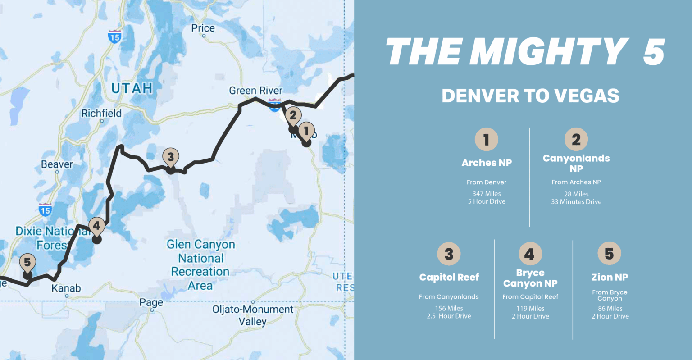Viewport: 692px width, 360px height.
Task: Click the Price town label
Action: coord(203,28)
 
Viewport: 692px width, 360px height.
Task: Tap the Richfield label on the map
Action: coord(101,113)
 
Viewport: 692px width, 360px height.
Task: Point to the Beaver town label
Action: coord(57,164)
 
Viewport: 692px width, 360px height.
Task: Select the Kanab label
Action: coord(66,288)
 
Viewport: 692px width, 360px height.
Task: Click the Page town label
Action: coord(151,302)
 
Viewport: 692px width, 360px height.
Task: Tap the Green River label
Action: coord(255,91)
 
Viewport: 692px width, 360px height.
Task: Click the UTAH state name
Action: coord(132,88)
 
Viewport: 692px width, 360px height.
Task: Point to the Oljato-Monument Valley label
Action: coord(253,315)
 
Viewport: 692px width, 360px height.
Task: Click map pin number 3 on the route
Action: coord(170,157)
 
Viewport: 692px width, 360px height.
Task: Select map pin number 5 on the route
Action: coord(27,263)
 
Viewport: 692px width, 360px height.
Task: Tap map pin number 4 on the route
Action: coord(96,226)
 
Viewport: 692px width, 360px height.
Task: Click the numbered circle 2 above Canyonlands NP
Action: coord(576,139)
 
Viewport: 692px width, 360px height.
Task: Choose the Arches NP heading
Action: coord(487,163)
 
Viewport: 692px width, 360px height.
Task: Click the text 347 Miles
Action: coord(487,194)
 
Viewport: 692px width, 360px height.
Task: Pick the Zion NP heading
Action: coord(610,277)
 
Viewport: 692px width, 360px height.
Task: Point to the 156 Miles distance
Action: coord(449,309)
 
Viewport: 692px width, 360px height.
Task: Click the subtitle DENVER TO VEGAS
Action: coord(530,96)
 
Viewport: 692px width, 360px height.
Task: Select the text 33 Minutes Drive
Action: coord(576,202)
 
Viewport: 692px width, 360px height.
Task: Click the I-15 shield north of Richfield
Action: coord(114,36)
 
